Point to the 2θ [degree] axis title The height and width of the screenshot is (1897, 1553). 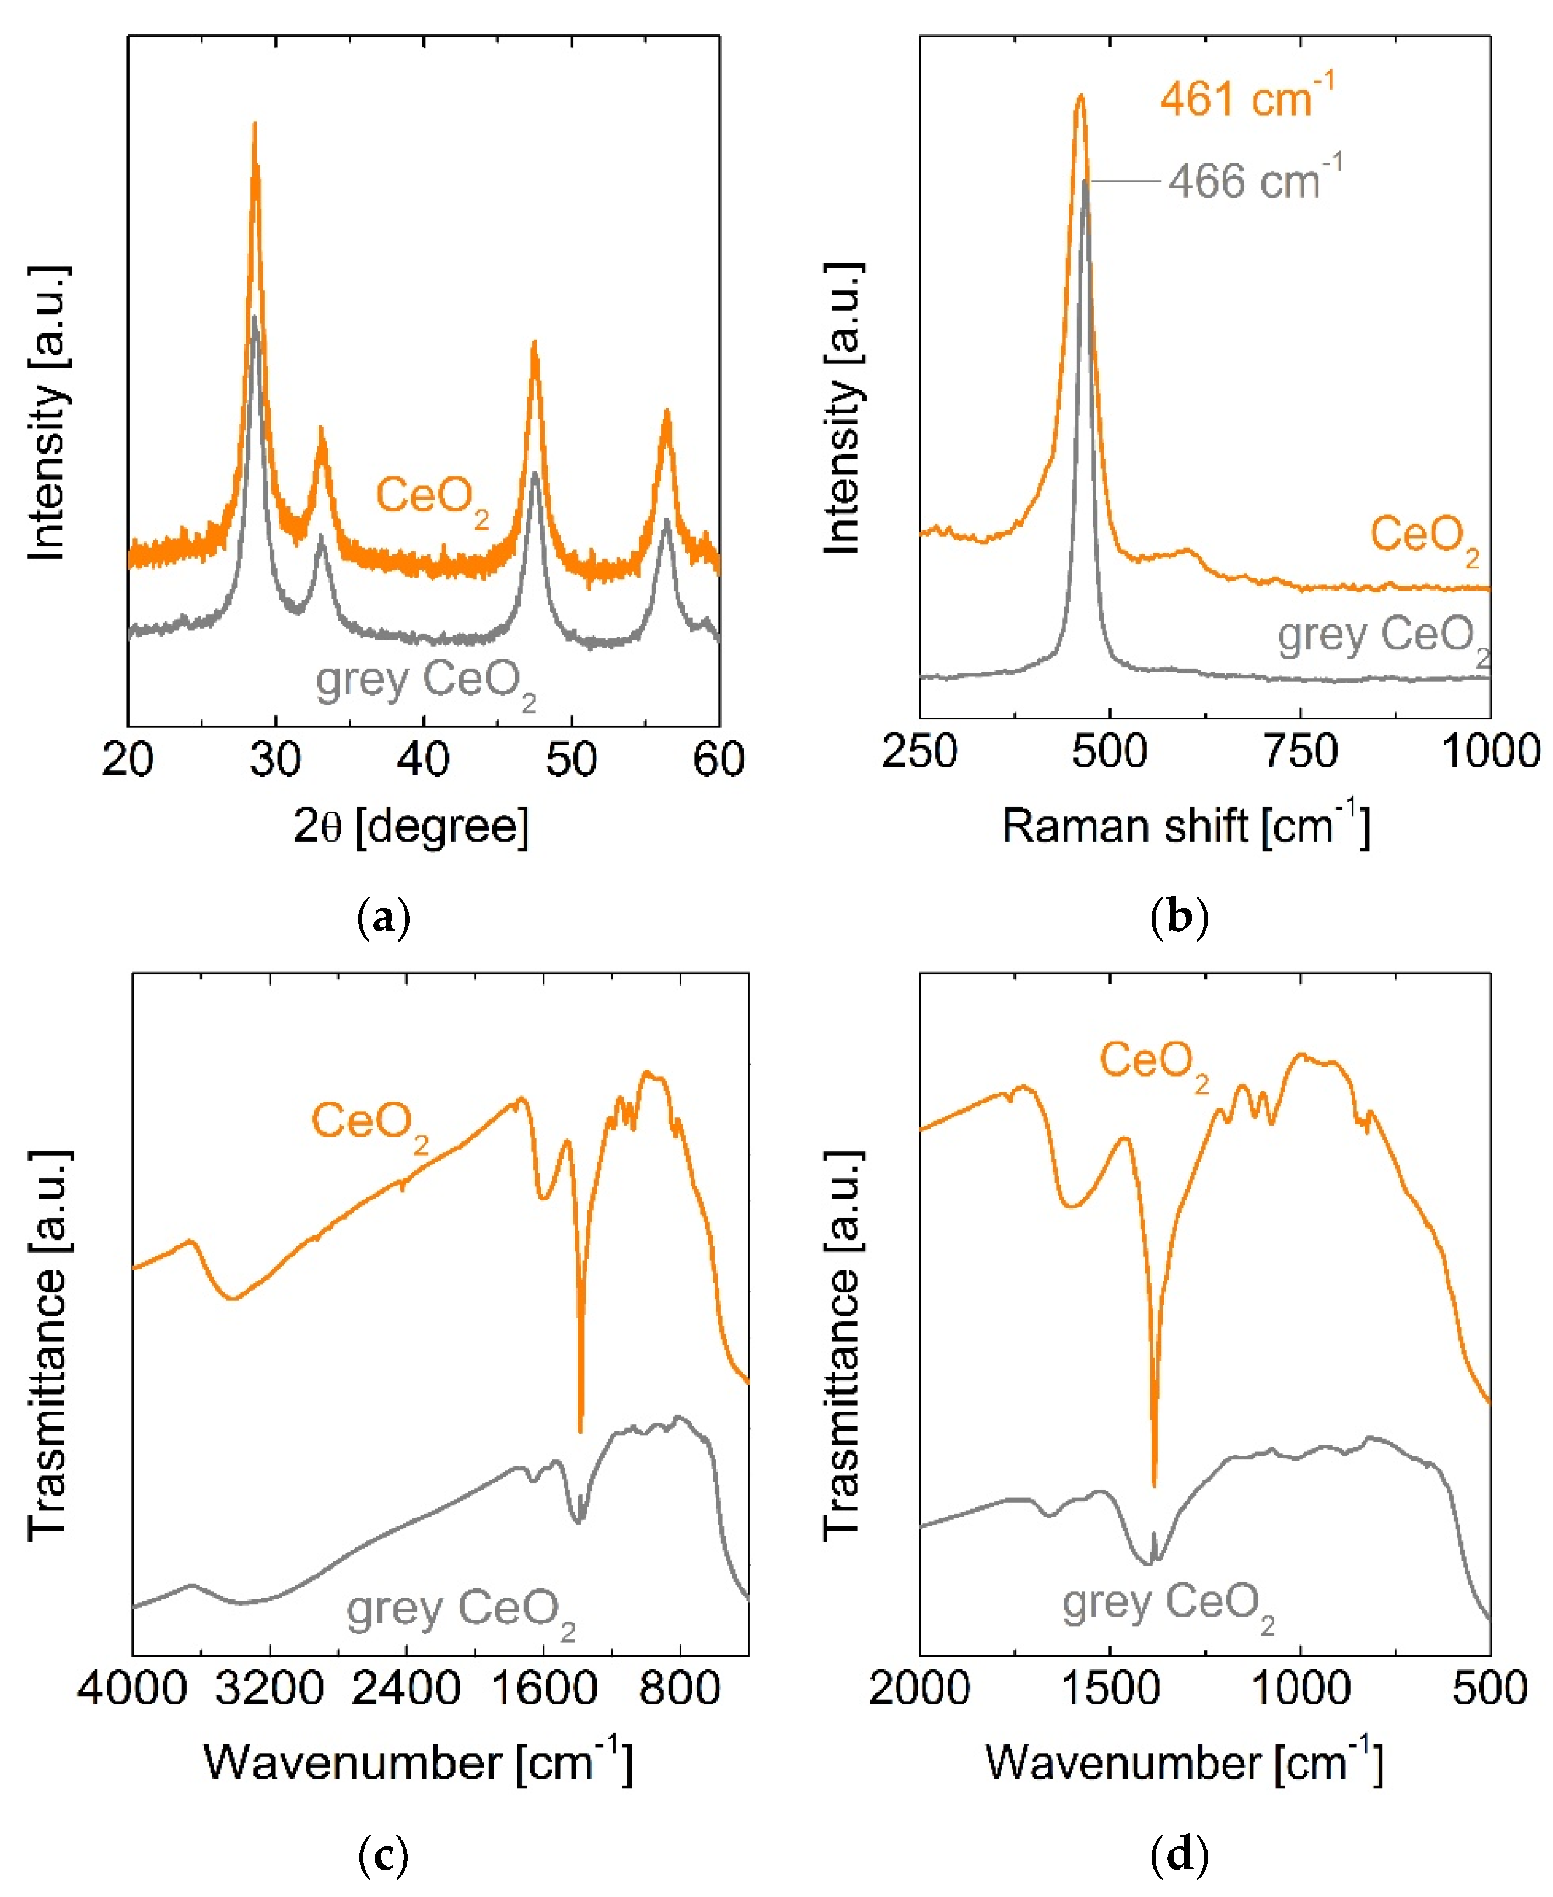[x=411, y=825]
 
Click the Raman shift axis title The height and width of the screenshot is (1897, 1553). [x=1185, y=825]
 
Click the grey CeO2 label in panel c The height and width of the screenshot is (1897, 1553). [x=461, y=1610]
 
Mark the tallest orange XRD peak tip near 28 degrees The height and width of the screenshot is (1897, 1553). [x=255, y=125]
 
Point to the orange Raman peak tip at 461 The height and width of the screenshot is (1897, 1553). [x=1080, y=95]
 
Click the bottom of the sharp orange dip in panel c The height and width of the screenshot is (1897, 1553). [x=580, y=1430]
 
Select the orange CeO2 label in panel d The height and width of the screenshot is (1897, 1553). [x=1154, y=1063]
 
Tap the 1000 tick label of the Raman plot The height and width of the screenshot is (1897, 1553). [x=1489, y=752]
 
